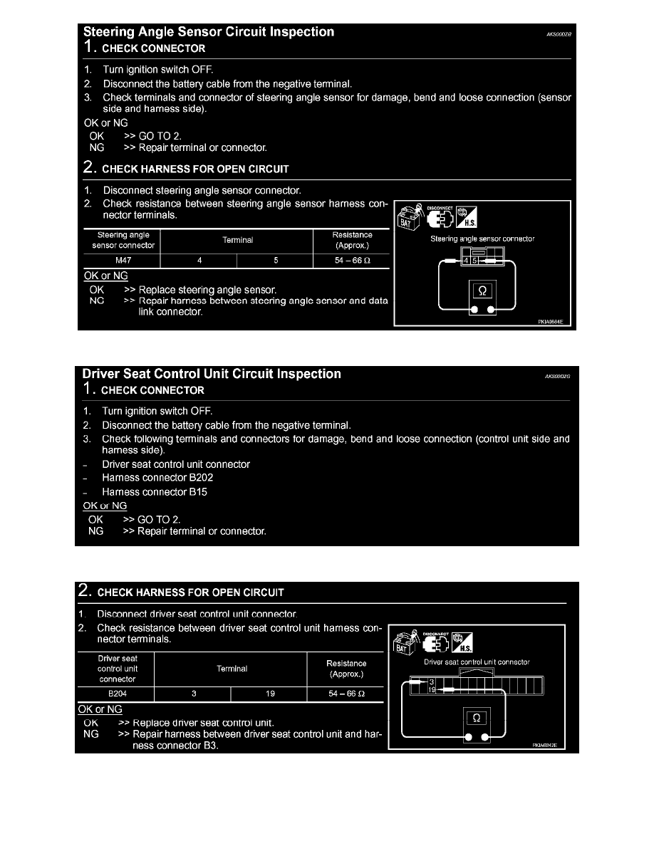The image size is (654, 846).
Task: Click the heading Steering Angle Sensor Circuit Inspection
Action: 209,32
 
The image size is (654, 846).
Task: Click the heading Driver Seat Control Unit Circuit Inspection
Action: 212,374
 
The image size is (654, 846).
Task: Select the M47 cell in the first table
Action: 123,261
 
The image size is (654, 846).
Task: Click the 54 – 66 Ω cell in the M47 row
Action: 352,261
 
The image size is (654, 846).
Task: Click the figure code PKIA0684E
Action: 551,321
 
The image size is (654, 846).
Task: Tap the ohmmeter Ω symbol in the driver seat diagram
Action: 477,717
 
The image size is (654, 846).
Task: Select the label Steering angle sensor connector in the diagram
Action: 482,239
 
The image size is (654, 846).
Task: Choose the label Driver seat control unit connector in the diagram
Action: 477,662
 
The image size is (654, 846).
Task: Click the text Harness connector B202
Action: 157,478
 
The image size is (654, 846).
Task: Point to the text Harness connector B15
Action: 155,492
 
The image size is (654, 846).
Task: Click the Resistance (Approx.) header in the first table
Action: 352,240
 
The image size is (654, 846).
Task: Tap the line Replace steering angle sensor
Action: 207,291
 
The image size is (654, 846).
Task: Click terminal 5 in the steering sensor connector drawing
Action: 474,261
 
